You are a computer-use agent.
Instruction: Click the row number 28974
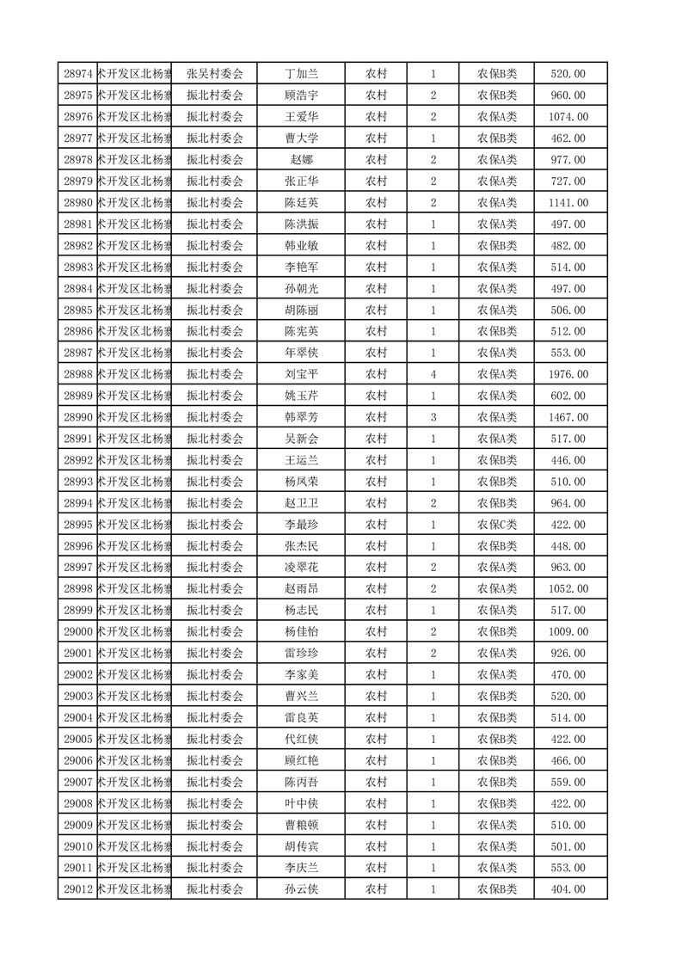78,74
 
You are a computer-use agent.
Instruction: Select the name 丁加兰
301,74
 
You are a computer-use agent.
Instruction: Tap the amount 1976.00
568,374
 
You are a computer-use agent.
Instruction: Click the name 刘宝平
301,374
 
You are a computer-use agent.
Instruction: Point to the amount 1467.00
568,417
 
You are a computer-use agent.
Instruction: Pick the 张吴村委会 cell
215,74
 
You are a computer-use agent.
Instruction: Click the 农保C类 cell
497,525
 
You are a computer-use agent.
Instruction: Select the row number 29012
78,889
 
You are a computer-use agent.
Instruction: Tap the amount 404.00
568,889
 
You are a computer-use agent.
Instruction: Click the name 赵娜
301,160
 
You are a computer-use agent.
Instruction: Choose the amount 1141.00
568,203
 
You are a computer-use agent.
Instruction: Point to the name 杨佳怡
301,632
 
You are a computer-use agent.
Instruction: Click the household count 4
433,374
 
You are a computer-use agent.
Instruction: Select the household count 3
433,417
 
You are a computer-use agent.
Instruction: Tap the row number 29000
78,632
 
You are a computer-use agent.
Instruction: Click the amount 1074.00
568,117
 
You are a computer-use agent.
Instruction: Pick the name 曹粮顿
301,825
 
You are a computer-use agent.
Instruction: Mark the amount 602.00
568,396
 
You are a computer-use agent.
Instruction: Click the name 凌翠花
301,568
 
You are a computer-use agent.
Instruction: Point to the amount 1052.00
568,589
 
